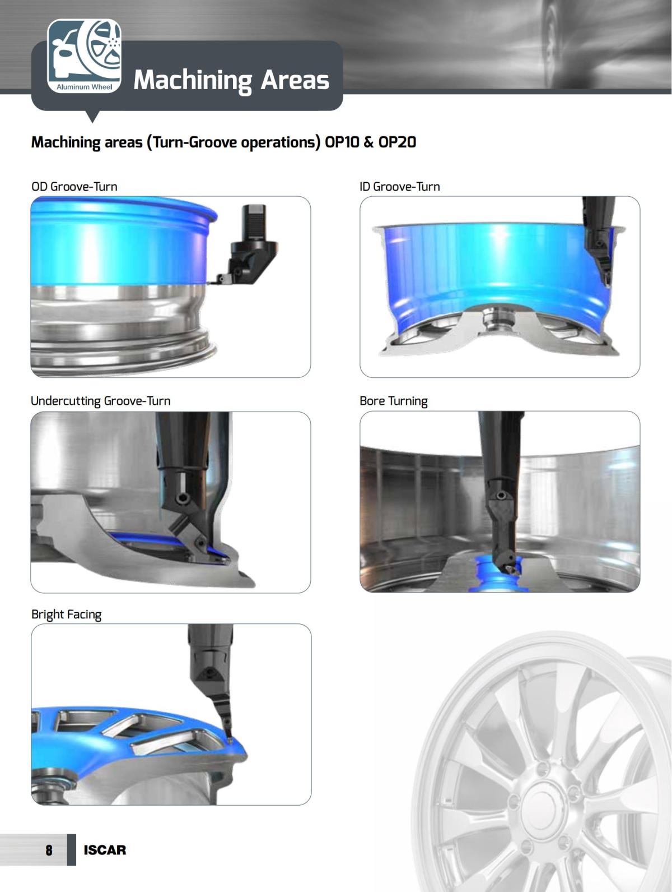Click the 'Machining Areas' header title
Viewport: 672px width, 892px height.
tap(231, 80)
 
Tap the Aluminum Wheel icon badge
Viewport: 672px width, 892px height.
tap(84, 56)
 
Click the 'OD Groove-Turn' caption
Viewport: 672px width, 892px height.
tap(74, 187)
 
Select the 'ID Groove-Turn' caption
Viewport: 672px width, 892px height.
tap(400, 187)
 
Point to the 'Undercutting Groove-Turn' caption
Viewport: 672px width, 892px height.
tap(101, 401)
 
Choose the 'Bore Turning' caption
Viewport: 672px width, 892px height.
tap(394, 401)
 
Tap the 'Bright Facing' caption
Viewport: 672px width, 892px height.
tap(66, 614)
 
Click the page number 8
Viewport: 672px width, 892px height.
tap(49, 850)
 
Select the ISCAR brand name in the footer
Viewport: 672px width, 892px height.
tap(105, 850)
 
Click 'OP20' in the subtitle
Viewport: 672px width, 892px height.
tap(397, 142)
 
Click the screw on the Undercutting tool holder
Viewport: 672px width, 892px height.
tap(183, 498)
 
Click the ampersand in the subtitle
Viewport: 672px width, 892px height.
tap(368, 142)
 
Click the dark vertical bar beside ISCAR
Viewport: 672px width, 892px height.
tap(71, 850)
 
